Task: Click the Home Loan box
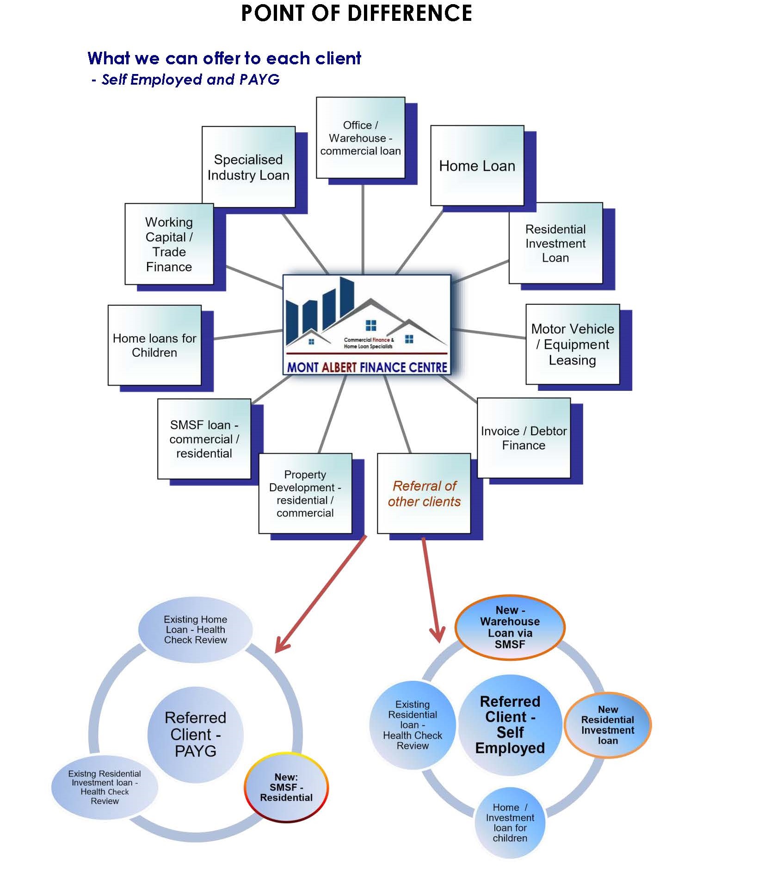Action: [477, 166]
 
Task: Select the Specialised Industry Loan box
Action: [248, 167]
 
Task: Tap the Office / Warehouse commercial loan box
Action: [360, 138]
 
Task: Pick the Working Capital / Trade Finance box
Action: [169, 244]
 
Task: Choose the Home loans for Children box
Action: [154, 345]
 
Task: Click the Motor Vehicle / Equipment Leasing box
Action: [573, 344]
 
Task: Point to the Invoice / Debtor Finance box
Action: [524, 438]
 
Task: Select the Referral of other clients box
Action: [424, 494]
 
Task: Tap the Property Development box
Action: [305, 494]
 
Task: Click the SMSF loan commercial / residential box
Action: [204, 439]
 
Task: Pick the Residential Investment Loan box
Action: [555, 243]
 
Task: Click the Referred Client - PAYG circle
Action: [195, 734]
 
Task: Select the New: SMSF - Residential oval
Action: [286, 787]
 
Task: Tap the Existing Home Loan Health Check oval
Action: [196, 630]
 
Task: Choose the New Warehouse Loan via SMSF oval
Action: [510, 627]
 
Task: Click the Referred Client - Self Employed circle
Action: [510, 725]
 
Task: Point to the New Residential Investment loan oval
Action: [608, 725]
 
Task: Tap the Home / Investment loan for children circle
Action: [510, 823]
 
